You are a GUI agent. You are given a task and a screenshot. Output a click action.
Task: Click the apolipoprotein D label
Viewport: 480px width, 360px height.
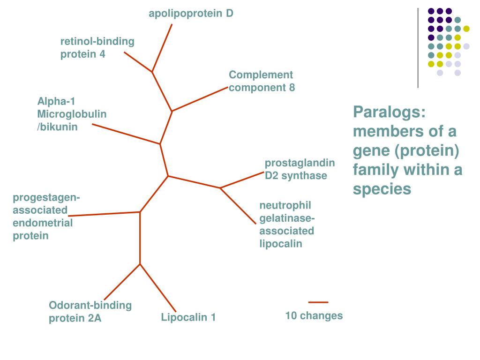[191, 14]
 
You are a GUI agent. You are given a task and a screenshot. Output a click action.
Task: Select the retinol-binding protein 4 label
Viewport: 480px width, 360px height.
[97, 48]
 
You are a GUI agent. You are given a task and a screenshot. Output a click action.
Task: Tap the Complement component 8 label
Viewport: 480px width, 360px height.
[262, 81]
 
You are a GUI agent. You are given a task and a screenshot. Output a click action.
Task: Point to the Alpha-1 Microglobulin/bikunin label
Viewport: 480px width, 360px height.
[72, 114]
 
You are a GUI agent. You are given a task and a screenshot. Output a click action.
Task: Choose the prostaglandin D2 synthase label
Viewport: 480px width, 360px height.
[300, 169]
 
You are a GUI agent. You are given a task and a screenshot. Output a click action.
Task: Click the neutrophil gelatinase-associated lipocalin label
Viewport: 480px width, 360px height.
[287, 225]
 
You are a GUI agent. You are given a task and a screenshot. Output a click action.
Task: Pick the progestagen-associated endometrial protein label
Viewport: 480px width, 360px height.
[46, 216]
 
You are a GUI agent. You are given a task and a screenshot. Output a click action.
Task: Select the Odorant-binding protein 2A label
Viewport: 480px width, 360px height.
[90, 312]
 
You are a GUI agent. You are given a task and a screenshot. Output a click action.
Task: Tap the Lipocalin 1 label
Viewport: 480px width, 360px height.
[188, 318]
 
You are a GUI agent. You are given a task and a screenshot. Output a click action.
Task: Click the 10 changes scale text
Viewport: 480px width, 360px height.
[314, 316]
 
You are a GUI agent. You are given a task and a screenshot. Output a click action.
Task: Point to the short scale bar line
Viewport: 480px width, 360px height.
[318, 302]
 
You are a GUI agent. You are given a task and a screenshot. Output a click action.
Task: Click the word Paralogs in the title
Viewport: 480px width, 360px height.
[389, 112]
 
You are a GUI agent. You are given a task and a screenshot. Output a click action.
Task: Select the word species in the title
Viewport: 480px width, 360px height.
[382, 188]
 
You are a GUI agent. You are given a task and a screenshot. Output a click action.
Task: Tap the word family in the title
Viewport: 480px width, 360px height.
[373, 170]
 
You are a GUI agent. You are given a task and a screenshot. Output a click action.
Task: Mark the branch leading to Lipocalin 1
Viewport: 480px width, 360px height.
[158, 288]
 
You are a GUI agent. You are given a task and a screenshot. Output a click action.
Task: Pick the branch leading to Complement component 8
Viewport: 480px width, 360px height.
[200, 99]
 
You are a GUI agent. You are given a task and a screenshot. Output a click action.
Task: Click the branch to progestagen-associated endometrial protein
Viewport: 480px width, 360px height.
[104, 214]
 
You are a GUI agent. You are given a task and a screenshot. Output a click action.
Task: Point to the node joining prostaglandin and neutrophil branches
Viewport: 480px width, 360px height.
[220, 188]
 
